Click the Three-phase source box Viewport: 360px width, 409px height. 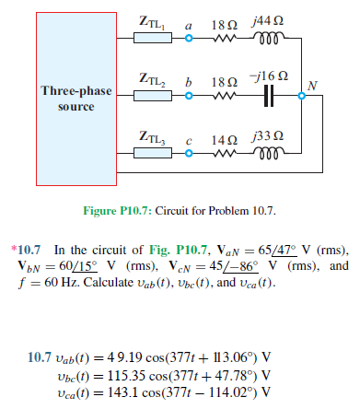(x=68, y=99)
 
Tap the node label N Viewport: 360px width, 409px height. (x=315, y=87)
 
